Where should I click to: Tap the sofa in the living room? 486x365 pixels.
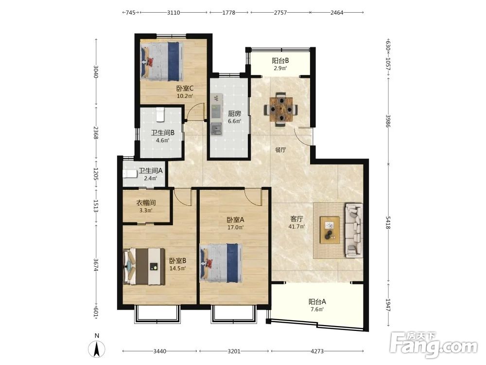coord(354,230)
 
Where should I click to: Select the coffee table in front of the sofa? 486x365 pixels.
coord(330,230)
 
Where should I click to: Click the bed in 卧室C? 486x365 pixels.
coord(161,61)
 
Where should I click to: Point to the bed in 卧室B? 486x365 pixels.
coord(144,266)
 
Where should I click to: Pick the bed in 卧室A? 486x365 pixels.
coord(221,263)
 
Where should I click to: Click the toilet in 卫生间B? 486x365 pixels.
coord(160,114)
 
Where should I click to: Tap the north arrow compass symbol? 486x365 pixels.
coord(97,348)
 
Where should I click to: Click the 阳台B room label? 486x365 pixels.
coord(280,61)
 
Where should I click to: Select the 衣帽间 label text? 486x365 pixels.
coord(146,203)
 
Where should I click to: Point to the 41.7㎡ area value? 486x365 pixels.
coord(296,227)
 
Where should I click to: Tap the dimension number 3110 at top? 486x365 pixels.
coord(174,13)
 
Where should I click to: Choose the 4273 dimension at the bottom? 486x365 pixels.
coord(317,351)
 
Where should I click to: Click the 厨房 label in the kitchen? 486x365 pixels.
coord(235,113)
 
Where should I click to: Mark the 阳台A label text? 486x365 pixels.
coord(317,301)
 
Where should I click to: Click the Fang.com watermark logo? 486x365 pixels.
coord(434,345)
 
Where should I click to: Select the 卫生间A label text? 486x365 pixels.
coord(151,171)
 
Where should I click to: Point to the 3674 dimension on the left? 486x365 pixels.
coord(96,265)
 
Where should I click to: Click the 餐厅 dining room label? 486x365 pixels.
coord(280,150)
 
